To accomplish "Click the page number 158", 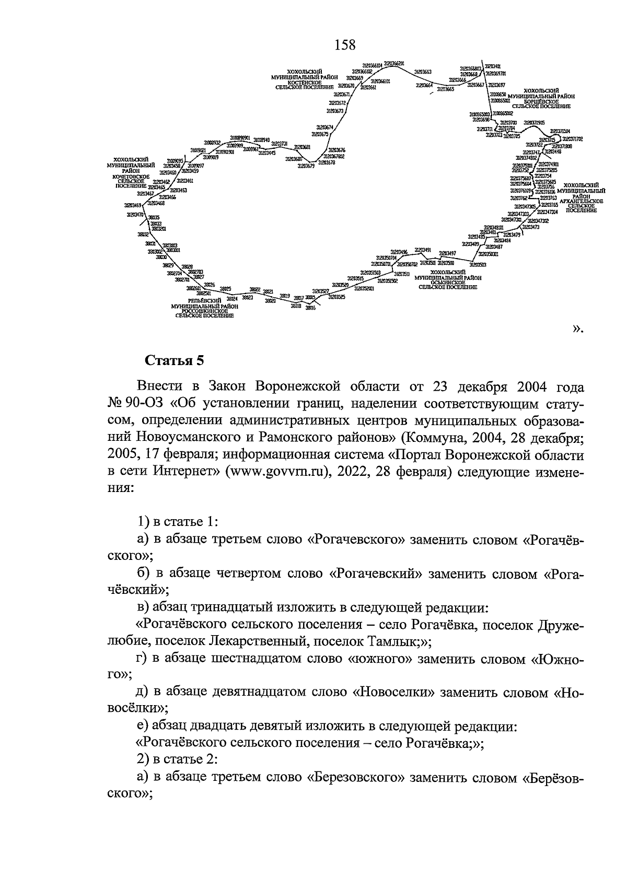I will click(345, 45).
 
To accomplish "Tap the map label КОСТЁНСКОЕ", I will click(304, 82).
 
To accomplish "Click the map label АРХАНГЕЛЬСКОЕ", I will click(582, 201).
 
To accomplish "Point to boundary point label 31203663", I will click(423, 72).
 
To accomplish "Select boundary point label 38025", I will click(225, 288).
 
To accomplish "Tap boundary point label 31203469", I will click(133, 205).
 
